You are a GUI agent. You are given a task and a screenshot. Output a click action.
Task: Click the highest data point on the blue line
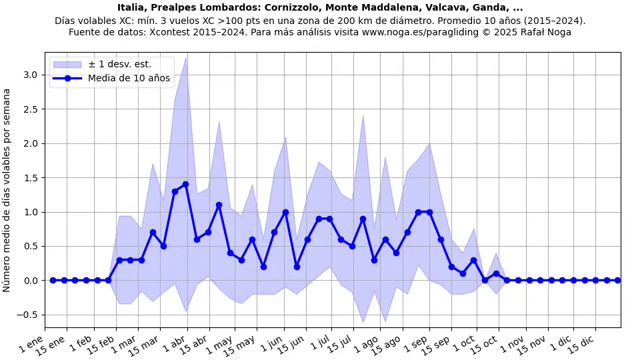(185, 185)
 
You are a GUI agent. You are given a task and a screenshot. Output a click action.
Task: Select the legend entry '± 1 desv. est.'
(119, 64)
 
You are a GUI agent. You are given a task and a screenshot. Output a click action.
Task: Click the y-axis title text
(7, 191)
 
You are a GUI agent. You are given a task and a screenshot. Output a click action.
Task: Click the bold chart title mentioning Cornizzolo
(320, 8)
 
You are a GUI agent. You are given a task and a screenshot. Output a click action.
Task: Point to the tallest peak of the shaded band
(185, 57)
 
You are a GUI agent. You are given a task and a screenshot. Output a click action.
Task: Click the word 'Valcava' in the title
(434, 8)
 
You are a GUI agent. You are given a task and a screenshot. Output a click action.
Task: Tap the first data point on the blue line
(53, 280)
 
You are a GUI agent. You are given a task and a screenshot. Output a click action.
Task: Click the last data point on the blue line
(617, 280)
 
